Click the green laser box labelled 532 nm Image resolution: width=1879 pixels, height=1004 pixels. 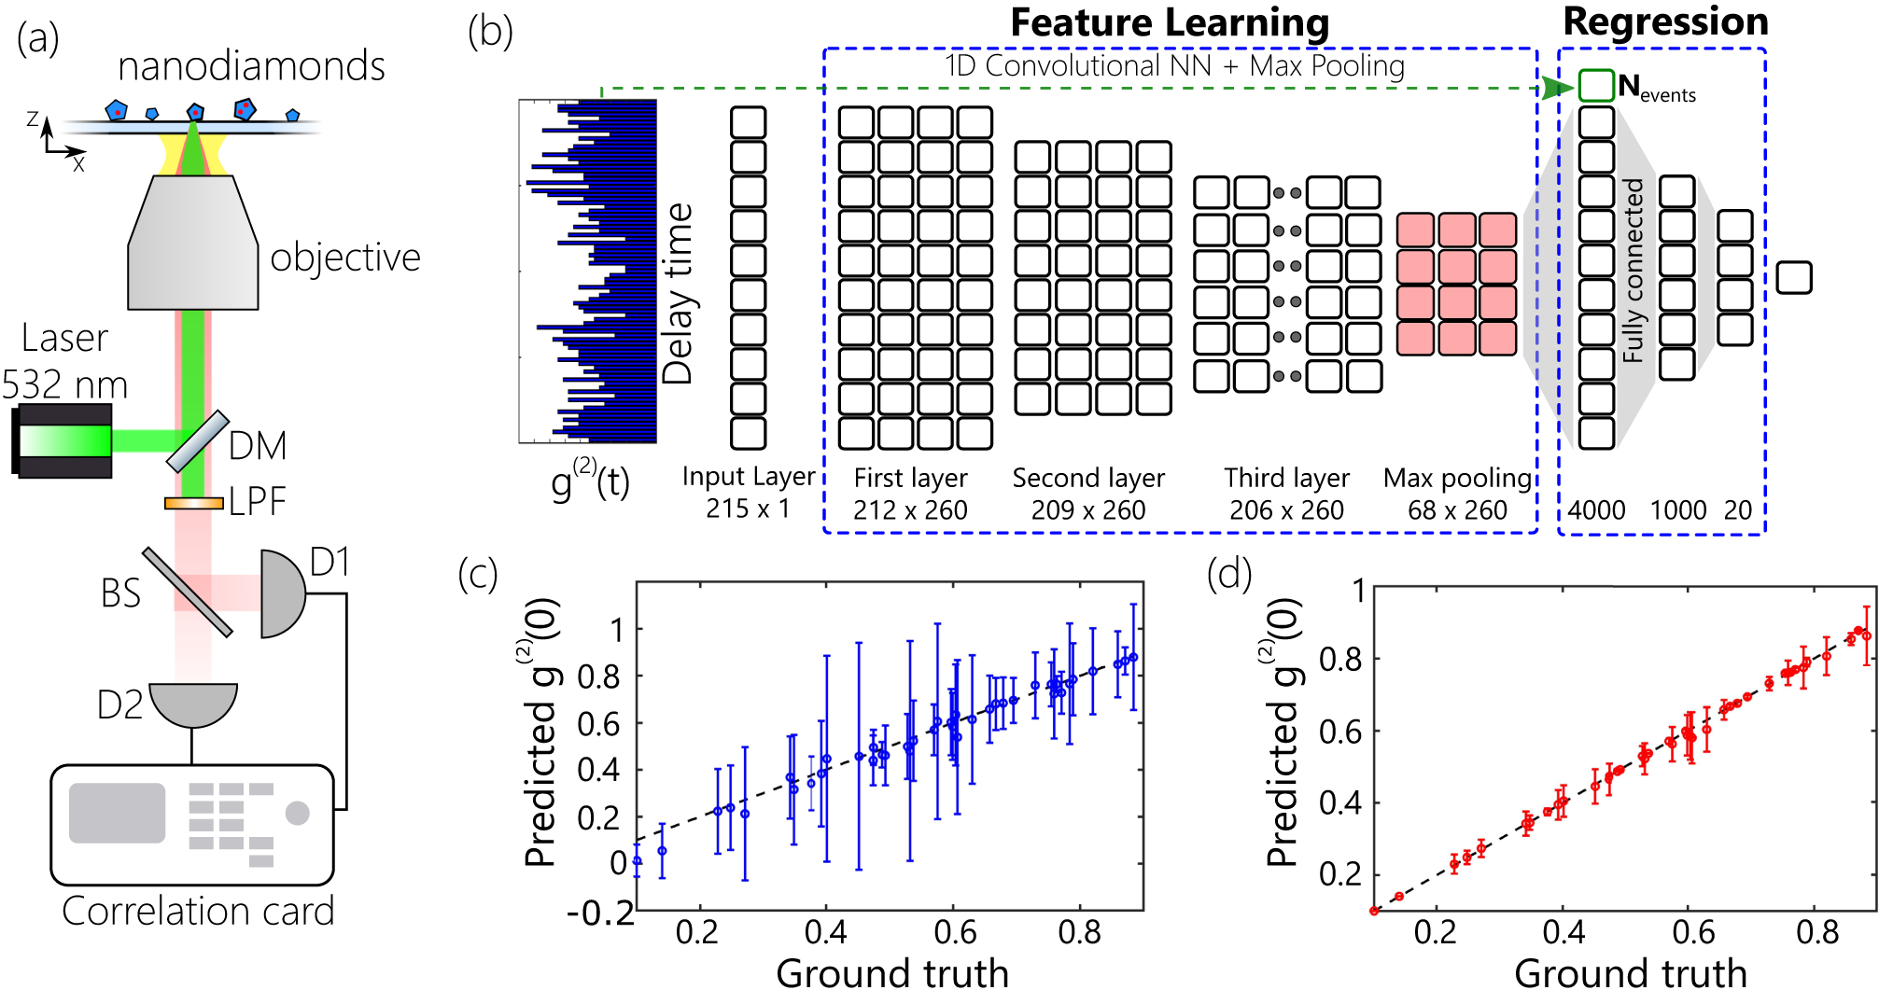[63, 440]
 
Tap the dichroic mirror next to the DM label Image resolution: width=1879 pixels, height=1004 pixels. [197, 441]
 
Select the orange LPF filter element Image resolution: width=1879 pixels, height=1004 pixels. [193, 503]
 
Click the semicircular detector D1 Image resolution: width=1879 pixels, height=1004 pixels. [280, 593]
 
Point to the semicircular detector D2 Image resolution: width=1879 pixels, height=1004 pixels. [193, 704]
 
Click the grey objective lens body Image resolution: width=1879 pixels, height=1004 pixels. [193, 244]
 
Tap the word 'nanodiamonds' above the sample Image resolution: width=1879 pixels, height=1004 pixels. [251, 66]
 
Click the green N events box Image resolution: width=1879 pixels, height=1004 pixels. [1595, 86]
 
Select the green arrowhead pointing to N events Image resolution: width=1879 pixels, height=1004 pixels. [1556, 88]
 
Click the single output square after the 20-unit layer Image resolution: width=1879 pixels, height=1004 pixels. [1793, 278]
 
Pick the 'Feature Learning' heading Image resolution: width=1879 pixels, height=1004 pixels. [1169, 22]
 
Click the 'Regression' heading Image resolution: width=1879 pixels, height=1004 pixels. [1665, 21]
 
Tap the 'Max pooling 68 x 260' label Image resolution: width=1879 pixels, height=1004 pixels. [1457, 494]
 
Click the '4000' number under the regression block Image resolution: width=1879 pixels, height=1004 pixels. [1596, 510]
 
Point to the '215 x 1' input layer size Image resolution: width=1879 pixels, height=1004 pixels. [748, 509]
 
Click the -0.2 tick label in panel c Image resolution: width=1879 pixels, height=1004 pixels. [600, 913]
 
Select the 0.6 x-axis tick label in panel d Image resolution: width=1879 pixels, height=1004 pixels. [1692, 932]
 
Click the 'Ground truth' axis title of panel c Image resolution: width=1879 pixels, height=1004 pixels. [892, 973]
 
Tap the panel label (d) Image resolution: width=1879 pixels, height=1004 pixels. [1228, 575]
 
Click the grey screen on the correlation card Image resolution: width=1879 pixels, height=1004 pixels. [117, 813]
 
